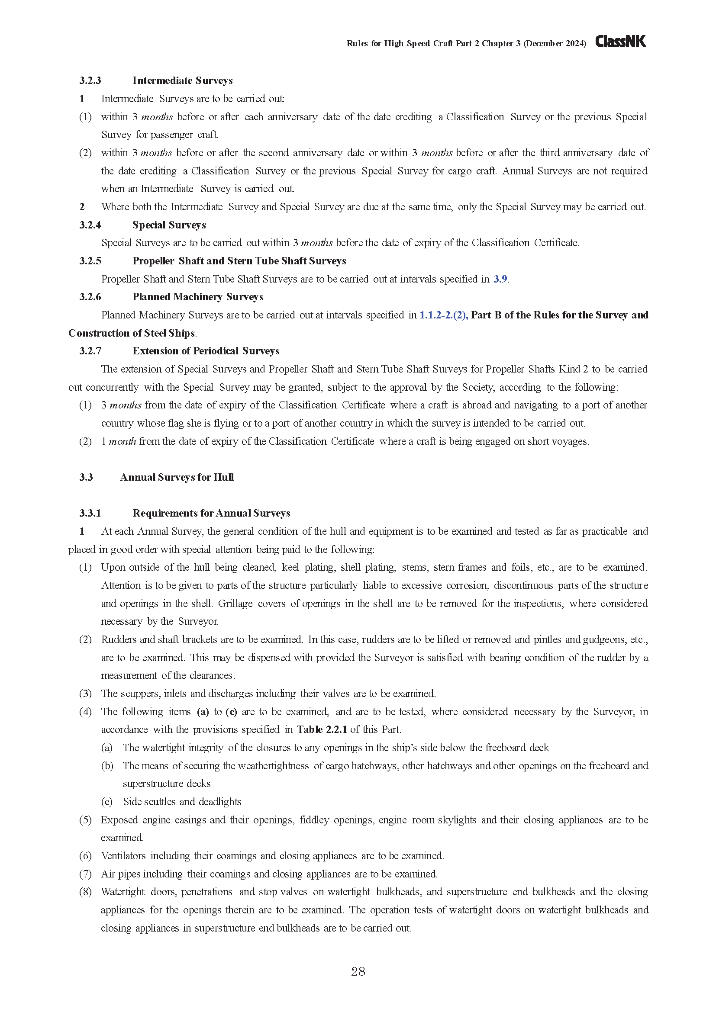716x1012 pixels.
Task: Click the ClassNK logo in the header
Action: pos(620,42)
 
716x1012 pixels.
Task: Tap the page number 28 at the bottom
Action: pos(358,971)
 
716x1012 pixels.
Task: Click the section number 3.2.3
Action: pos(90,80)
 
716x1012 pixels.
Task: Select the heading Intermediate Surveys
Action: pos(183,80)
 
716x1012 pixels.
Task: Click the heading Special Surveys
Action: pos(169,225)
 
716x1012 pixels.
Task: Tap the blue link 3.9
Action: pos(500,279)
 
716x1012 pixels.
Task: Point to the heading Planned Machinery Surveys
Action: pos(197,297)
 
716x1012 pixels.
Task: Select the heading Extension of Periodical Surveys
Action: pos(206,351)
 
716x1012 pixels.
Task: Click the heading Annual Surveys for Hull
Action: pos(176,477)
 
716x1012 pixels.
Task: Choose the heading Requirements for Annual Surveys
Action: pos(211,513)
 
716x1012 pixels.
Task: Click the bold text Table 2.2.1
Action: pos(322,729)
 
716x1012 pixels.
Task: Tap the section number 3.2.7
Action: pos(90,351)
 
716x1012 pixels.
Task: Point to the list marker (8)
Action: pos(85,892)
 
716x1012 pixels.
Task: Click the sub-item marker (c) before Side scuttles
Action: pos(106,801)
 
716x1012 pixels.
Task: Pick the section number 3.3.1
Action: pos(90,513)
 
